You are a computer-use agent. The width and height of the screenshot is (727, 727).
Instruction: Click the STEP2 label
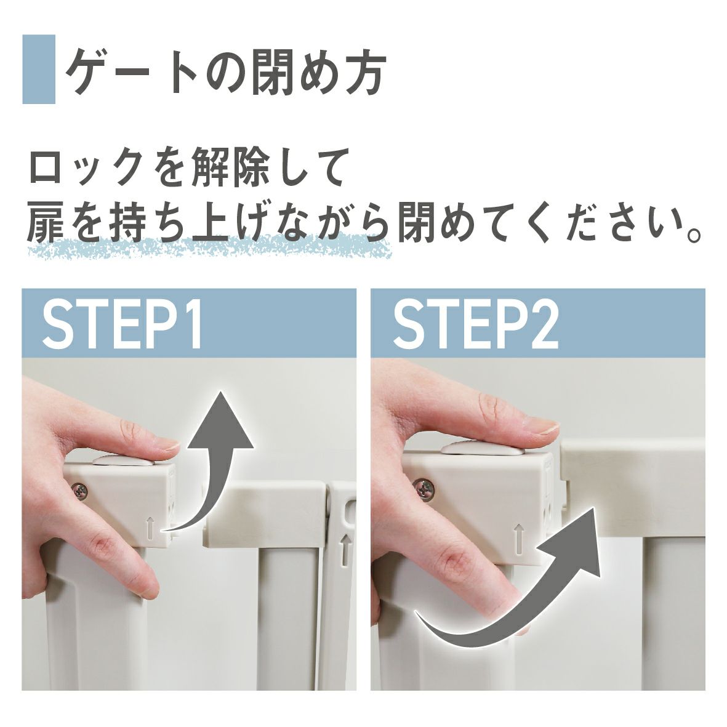(475, 325)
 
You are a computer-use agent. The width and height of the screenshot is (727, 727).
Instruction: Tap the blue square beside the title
(39, 69)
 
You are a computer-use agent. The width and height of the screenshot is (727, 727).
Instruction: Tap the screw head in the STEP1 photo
(80, 491)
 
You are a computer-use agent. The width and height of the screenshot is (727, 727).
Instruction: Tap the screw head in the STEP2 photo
(425, 489)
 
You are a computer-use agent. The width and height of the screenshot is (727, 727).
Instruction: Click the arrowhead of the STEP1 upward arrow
(221, 420)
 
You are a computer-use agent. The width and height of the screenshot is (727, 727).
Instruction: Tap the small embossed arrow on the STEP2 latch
(519, 539)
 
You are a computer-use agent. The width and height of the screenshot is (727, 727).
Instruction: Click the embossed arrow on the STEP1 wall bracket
(345, 549)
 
